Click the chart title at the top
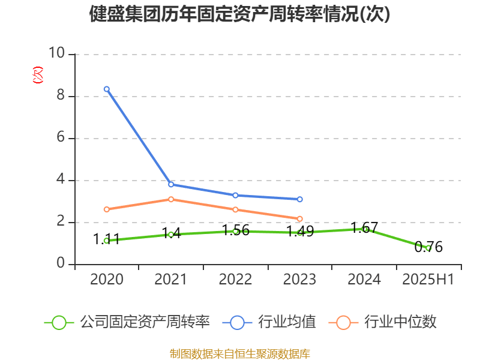[x=239, y=14]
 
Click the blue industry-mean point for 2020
[x=107, y=89]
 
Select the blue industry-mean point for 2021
[x=171, y=184]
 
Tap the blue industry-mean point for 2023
[x=300, y=199]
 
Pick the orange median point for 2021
[x=171, y=199]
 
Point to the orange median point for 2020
[x=107, y=209]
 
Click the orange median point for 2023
[x=300, y=219]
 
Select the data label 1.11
[x=107, y=239]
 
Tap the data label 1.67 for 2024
[x=364, y=228]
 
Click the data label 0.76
[x=428, y=247]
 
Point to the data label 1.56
[x=236, y=230]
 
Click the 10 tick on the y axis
[x=57, y=54]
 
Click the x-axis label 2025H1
[x=428, y=280]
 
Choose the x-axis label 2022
[x=236, y=280]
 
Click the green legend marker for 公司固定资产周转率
[x=59, y=322]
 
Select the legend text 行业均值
[x=287, y=322]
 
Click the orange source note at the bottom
[x=239, y=353]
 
